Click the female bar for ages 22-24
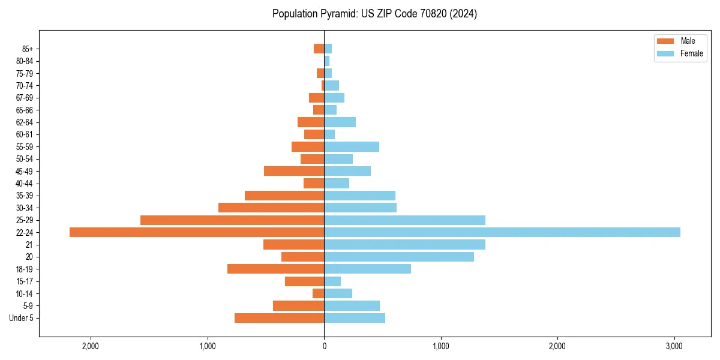pyautogui.click(x=502, y=232)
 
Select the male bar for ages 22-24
pyautogui.click(x=197, y=232)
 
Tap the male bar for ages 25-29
pyautogui.click(x=232, y=220)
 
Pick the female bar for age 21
pyautogui.click(x=404, y=245)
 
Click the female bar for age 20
pyautogui.click(x=399, y=257)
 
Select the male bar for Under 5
pyautogui.click(x=279, y=318)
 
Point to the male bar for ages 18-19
pyautogui.click(x=275, y=269)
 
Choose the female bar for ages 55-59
pyautogui.click(x=352, y=147)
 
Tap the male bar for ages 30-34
pyautogui.click(x=271, y=208)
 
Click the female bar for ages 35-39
pyautogui.click(x=359, y=196)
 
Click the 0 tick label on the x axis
pyautogui.click(x=324, y=346)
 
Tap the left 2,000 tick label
pyautogui.click(x=91, y=346)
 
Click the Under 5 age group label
pyautogui.click(x=22, y=318)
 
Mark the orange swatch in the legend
pyautogui.click(x=665, y=41)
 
